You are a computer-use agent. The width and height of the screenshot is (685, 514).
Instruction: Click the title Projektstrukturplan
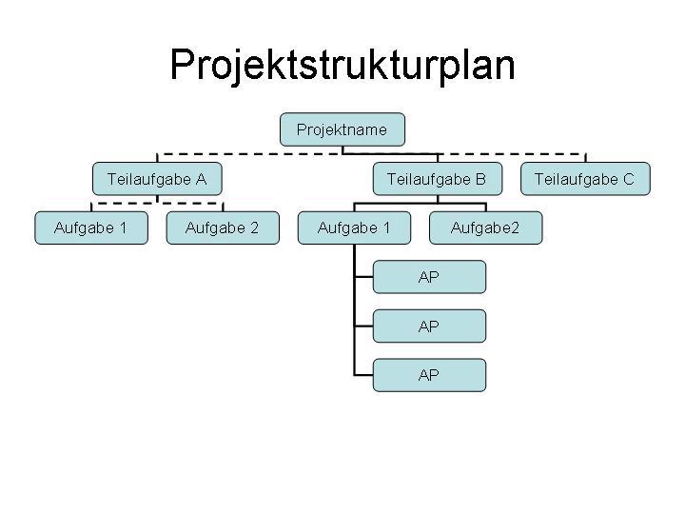click(x=342, y=66)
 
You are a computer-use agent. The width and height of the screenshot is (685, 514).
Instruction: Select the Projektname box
click(x=342, y=129)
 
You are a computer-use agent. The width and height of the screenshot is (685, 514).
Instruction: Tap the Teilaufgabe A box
click(x=157, y=178)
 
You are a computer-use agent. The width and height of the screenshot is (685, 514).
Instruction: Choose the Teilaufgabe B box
click(x=437, y=178)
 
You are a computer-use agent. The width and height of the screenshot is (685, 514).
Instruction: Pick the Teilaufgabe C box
click(x=584, y=178)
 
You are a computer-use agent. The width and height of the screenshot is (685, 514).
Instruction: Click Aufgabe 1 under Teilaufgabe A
click(x=91, y=227)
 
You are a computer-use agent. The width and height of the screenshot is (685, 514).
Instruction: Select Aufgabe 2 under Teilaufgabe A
click(x=222, y=227)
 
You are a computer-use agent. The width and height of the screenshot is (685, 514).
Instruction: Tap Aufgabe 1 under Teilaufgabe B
click(x=354, y=227)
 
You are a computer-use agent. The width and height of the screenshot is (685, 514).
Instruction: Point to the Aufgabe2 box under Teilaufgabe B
click(x=485, y=227)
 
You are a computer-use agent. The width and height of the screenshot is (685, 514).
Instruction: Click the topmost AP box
click(x=429, y=277)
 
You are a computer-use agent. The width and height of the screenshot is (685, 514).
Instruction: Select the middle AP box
click(x=429, y=326)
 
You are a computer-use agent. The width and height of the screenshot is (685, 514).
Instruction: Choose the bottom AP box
click(x=429, y=375)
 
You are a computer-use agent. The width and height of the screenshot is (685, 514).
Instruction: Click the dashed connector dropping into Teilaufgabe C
click(x=584, y=158)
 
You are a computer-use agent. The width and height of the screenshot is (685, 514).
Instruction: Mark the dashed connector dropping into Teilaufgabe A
click(x=157, y=158)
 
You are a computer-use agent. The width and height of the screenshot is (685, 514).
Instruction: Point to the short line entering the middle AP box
click(x=362, y=326)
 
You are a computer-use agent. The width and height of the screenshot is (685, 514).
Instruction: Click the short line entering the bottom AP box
click(x=362, y=375)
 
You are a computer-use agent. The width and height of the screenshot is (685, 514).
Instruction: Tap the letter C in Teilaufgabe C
click(x=628, y=178)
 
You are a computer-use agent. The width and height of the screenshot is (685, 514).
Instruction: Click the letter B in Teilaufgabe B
click(x=480, y=178)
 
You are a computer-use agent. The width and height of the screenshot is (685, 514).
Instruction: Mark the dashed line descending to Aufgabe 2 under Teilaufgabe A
click(x=222, y=207)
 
